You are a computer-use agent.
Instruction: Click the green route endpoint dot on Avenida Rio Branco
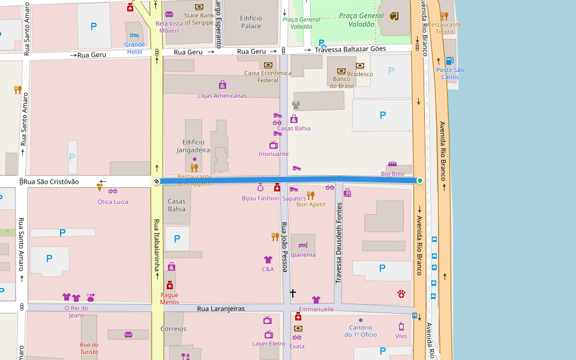(420, 181)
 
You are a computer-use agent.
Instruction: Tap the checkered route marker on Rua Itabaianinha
(157, 181)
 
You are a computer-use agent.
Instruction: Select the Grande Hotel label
(134, 48)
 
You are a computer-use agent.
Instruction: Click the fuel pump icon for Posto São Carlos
(449, 61)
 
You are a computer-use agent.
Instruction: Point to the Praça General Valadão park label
(361, 19)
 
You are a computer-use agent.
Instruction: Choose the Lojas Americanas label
(222, 95)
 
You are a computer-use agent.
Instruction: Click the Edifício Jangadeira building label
(193, 146)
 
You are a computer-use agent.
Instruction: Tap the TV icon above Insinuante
(274, 145)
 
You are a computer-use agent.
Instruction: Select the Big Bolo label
(392, 174)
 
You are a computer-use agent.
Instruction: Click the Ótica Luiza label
(113, 202)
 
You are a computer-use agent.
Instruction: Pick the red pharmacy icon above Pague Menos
(170, 286)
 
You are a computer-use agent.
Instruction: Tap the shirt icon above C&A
(268, 260)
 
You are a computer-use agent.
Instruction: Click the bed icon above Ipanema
(303, 245)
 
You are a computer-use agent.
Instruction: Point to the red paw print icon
(401, 293)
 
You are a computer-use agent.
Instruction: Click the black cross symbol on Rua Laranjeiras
(293, 293)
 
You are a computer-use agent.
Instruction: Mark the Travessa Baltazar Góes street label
(350, 49)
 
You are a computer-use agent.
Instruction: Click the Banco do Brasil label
(341, 83)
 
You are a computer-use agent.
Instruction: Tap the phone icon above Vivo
(401, 327)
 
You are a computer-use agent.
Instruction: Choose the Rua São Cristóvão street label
(51, 182)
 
